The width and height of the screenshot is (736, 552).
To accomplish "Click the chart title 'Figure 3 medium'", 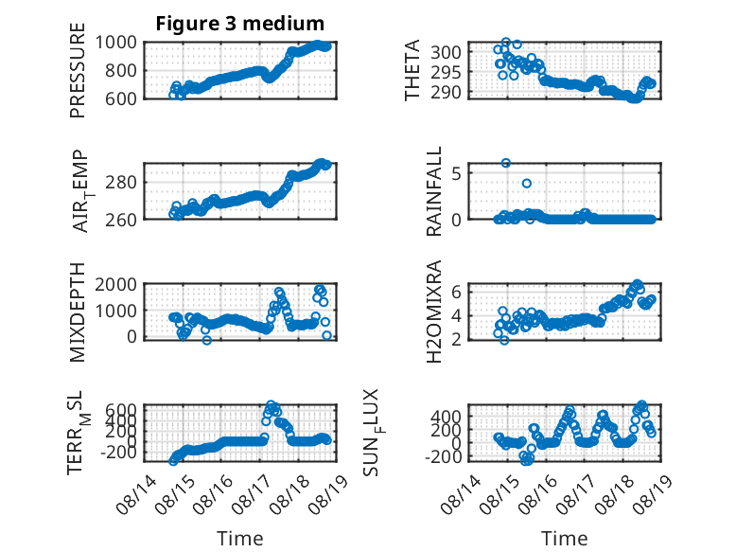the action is coord(240,23).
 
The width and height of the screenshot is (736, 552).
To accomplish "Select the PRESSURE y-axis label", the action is coord(78,70).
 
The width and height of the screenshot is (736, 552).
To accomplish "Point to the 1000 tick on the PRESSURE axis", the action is coord(116,43).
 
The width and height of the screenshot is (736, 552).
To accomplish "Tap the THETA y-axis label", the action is coord(412,70).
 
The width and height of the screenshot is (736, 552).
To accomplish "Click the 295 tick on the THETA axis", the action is coord(446,72).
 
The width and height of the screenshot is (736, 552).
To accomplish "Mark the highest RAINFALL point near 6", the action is coord(505,163).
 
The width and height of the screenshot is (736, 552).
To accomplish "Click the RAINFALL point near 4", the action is coord(527,184).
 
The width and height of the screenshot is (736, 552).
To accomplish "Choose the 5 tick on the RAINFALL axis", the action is coord(457,173).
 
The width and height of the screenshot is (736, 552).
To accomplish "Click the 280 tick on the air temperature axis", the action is coord(121,183).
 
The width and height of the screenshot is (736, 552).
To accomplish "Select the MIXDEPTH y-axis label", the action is coord(78,312).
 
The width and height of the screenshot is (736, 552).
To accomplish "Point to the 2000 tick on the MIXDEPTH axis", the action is coord(116,284).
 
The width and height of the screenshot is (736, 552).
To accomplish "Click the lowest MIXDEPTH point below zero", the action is coord(206,340).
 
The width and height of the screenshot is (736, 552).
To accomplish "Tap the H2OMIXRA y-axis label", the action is coord(434,312).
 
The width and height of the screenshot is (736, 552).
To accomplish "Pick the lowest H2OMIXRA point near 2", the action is coord(504,340).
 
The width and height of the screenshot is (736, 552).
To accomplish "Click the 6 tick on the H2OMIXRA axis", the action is coord(457,292).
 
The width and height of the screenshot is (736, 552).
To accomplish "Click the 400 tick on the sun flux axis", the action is coord(446,417).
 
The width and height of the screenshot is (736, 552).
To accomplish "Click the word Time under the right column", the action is coord(564,539).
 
